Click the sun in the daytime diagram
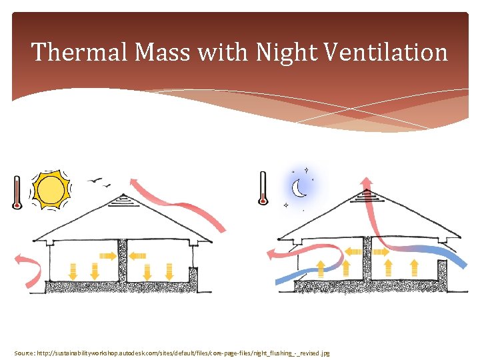(51, 191)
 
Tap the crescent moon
(300, 189)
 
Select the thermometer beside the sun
(17, 192)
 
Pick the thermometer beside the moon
(263, 189)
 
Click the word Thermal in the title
(73, 52)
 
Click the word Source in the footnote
(25, 352)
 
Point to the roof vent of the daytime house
(123, 199)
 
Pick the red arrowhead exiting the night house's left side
(272, 253)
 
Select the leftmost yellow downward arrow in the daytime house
(73, 270)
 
